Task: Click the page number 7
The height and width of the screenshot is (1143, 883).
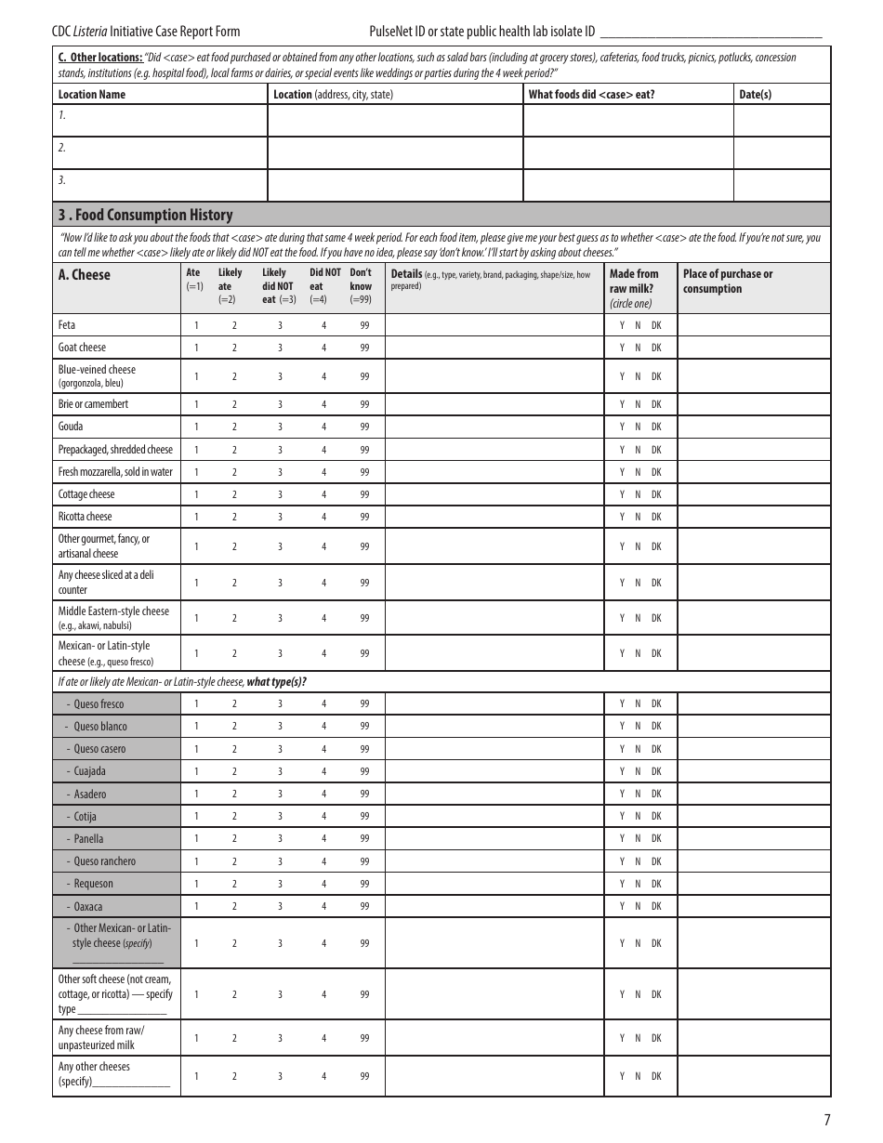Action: pos(826,1120)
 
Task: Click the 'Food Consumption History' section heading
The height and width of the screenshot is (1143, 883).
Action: pos(145,215)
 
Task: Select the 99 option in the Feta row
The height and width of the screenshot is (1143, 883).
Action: pos(364,325)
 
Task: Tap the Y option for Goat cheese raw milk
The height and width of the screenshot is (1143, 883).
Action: pos(622,348)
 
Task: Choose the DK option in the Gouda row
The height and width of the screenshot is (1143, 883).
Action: pos(656,427)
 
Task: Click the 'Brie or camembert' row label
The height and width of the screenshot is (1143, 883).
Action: pos(93,404)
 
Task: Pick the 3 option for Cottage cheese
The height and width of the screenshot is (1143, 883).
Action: pos(280,494)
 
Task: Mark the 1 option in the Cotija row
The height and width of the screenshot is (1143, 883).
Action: pos(196,816)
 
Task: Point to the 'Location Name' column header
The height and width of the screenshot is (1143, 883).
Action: pos(91,94)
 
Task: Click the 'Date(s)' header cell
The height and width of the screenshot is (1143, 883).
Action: pos(755,94)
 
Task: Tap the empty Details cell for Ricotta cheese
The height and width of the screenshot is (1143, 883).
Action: pos(494,517)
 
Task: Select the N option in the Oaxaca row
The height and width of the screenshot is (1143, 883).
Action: pos(638,906)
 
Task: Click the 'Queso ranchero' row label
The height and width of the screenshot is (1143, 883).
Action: pos(104,861)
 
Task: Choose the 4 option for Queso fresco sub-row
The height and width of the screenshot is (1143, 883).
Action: pos(323,703)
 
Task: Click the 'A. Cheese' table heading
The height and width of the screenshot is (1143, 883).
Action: pos(84,275)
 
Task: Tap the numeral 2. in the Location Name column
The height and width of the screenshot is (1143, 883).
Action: pos(62,148)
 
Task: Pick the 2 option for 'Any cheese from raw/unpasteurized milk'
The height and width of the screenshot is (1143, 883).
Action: pos(234,1038)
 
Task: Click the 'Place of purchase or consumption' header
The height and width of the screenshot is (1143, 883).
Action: pos(727,281)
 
